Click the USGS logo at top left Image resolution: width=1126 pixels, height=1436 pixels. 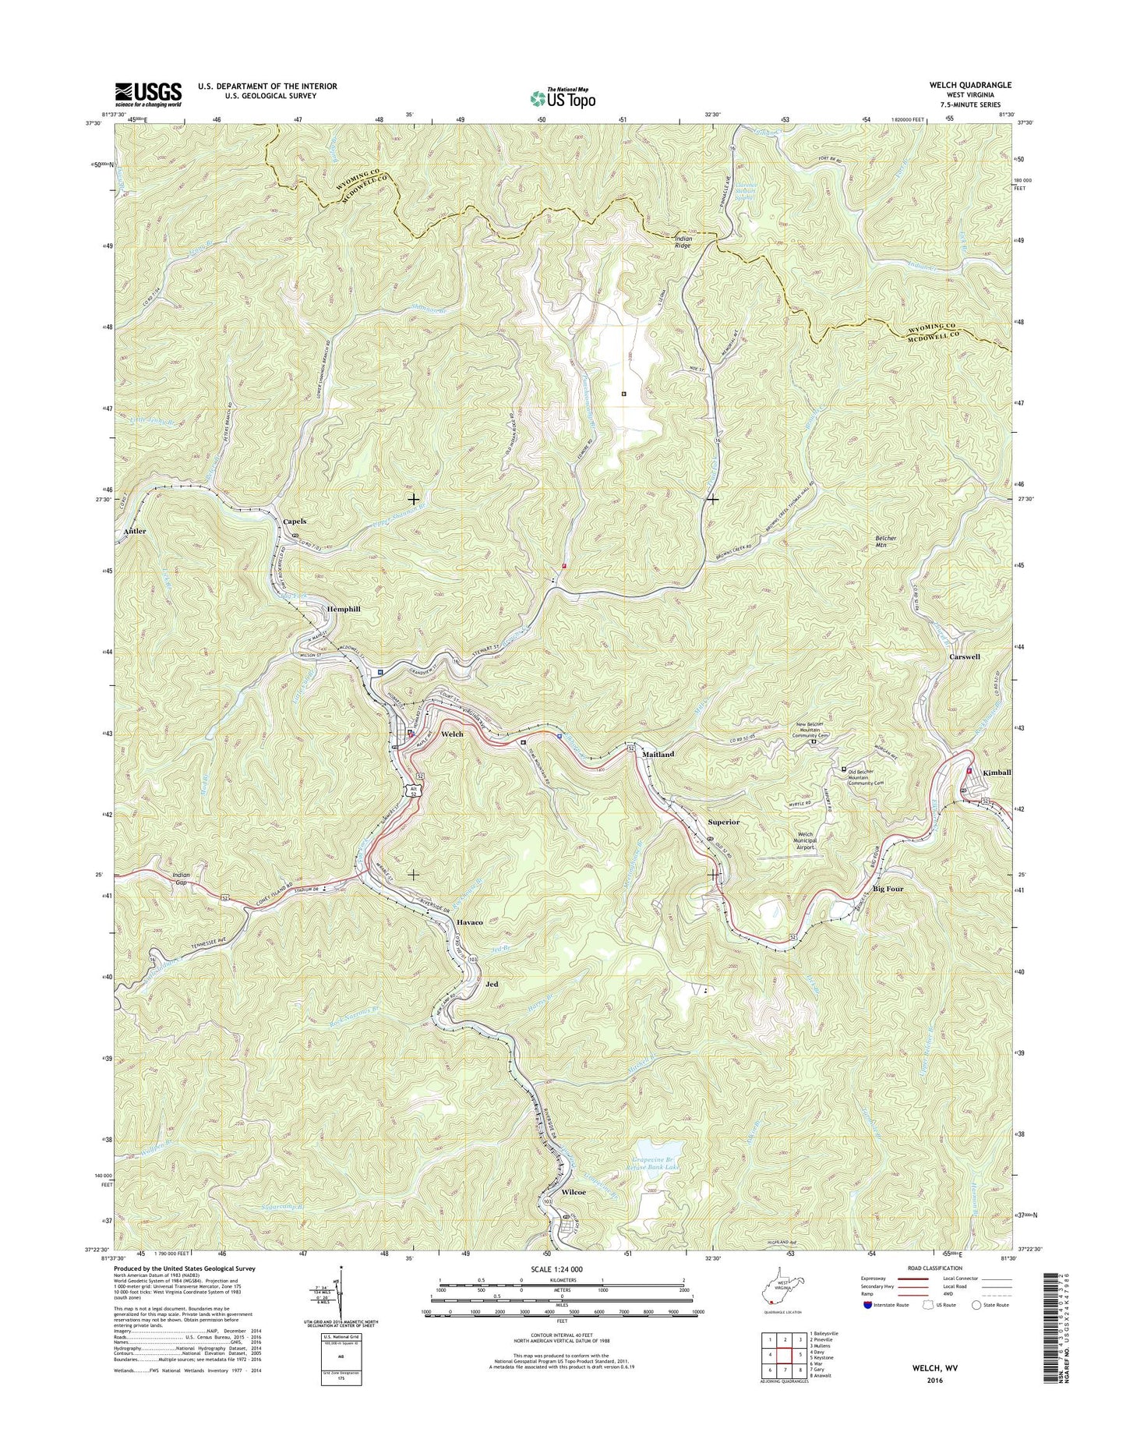pos(148,94)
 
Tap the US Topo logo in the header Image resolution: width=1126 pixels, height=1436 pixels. pos(563,98)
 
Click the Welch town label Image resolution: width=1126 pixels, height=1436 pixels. pos(452,734)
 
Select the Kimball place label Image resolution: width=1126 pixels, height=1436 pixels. pos(996,772)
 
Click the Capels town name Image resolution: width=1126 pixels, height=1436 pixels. pos(295,521)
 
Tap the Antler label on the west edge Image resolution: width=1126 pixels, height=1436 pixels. pos(135,531)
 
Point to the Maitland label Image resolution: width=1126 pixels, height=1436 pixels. pos(658,755)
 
